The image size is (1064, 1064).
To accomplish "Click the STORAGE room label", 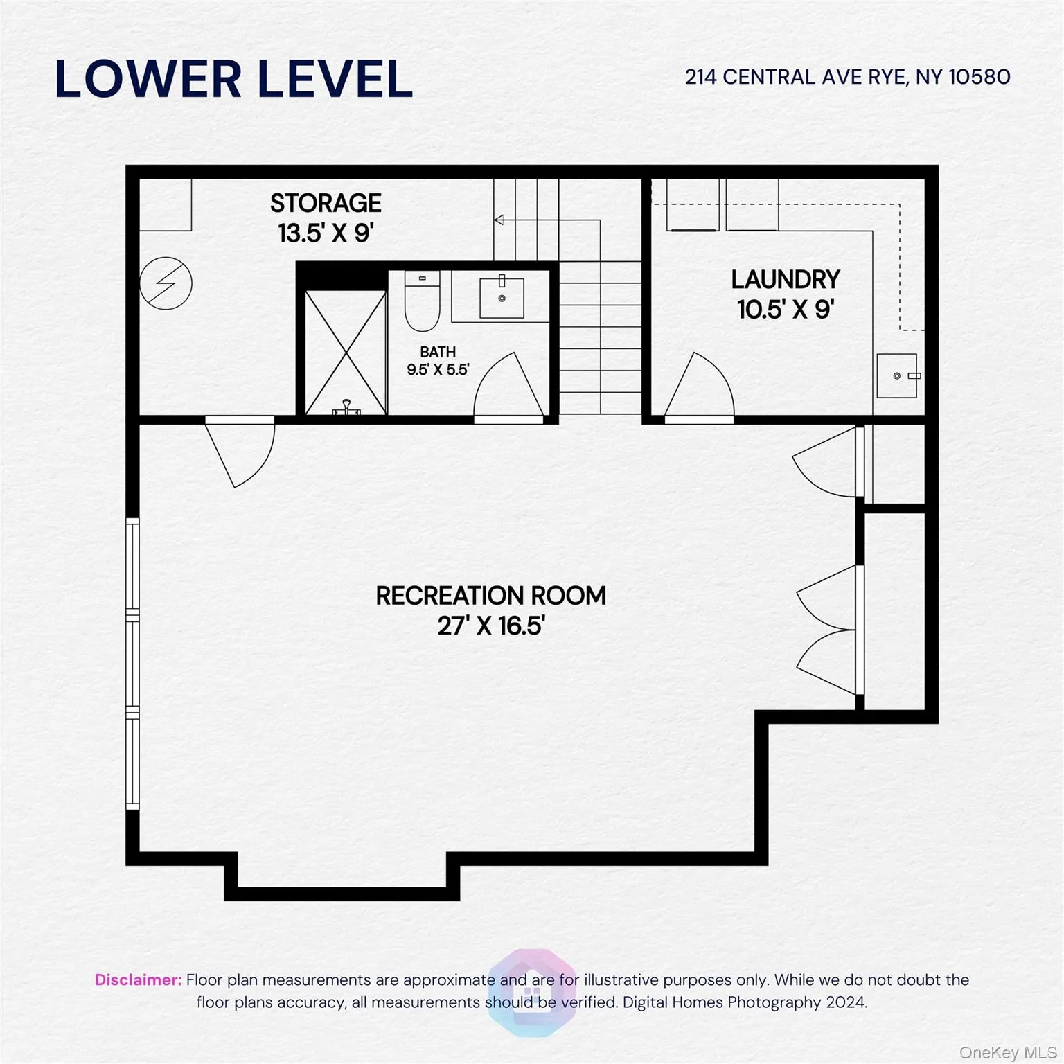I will (326, 204).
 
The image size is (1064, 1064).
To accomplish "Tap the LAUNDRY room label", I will (786, 280).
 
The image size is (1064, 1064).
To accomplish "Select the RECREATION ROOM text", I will (490, 596).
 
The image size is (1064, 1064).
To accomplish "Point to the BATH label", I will (438, 352).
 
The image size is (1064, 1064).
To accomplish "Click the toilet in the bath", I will (422, 303).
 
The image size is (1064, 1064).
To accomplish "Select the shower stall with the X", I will (346, 352).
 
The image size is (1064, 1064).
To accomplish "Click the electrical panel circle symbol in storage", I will (166, 283).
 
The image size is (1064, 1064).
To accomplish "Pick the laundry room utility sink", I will (898, 375).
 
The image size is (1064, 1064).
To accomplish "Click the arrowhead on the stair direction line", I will (499, 220).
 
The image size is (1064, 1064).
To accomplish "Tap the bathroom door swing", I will (509, 388).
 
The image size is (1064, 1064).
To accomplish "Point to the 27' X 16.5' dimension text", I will (490, 626).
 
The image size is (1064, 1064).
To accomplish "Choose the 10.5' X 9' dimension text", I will (786, 310).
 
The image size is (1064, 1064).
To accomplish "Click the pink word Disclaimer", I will (138, 979).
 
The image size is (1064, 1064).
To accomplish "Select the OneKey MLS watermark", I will (1007, 1052).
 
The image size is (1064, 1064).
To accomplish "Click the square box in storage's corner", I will (166, 204).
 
